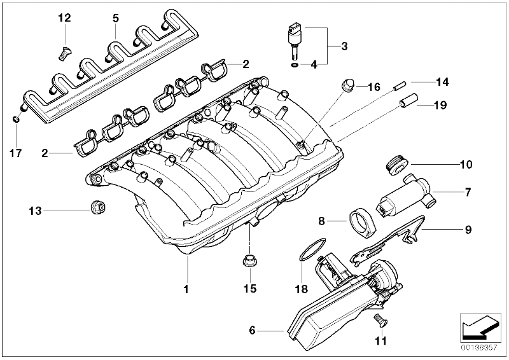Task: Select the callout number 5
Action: pyautogui.click(x=115, y=18)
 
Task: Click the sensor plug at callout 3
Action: pyautogui.click(x=293, y=36)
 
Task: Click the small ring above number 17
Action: pyautogui.click(x=17, y=118)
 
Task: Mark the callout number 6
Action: pyautogui.click(x=253, y=330)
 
